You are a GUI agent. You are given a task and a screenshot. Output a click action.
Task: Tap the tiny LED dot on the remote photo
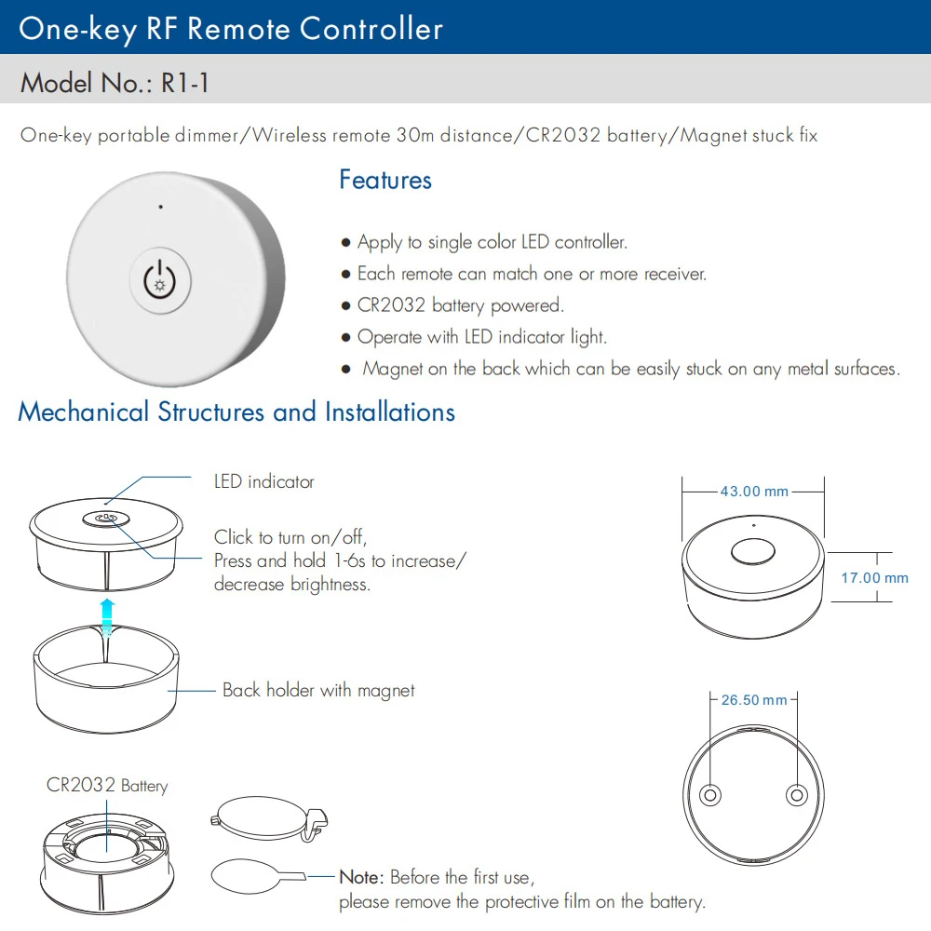tap(160, 207)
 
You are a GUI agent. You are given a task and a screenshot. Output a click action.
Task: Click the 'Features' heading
tap(385, 180)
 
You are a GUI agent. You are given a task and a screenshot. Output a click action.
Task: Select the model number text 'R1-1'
tap(184, 83)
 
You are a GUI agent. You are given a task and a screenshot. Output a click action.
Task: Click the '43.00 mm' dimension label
tap(753, 492)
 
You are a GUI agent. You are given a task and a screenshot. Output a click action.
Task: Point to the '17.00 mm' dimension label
tap(874, 578)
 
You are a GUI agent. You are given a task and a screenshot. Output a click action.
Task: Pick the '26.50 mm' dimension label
tap(754, 700)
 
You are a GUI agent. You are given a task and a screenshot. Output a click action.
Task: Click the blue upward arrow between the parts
tap(108, 614)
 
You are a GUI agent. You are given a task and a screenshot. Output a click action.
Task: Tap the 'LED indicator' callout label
tap(263, 482)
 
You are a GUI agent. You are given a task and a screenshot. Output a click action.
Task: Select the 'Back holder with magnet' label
tap(317, 691)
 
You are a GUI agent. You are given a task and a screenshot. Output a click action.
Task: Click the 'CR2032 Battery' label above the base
tap(107, 786)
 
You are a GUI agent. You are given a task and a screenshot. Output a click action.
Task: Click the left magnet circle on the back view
tap(710, 794)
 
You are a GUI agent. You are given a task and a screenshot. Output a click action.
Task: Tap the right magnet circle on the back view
tap(796, 794)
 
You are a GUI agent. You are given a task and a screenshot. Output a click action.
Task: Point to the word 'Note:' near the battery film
tap(361, 877)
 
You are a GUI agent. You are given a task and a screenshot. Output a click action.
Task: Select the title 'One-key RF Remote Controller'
tap(231, 28)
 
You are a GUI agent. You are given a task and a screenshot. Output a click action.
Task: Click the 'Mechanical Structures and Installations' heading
tap(236, 412)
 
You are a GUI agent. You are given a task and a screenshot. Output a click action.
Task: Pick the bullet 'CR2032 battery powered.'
tap(460, 305)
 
